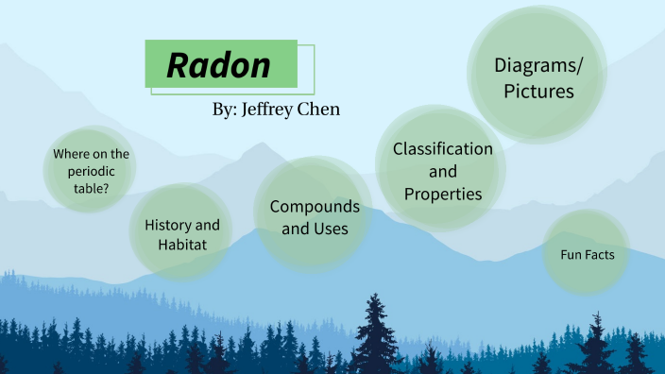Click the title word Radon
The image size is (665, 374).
coord(218,65)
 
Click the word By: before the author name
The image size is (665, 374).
coord(224,110)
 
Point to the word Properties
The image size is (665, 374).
coord(443,194)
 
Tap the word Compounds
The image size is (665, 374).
coord(315,207)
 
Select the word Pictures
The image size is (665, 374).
coord(538,92)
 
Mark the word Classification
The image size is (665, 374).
coord(443,149)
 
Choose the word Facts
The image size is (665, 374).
coord(599,255)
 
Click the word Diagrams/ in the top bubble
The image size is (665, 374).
coord(539,65)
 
